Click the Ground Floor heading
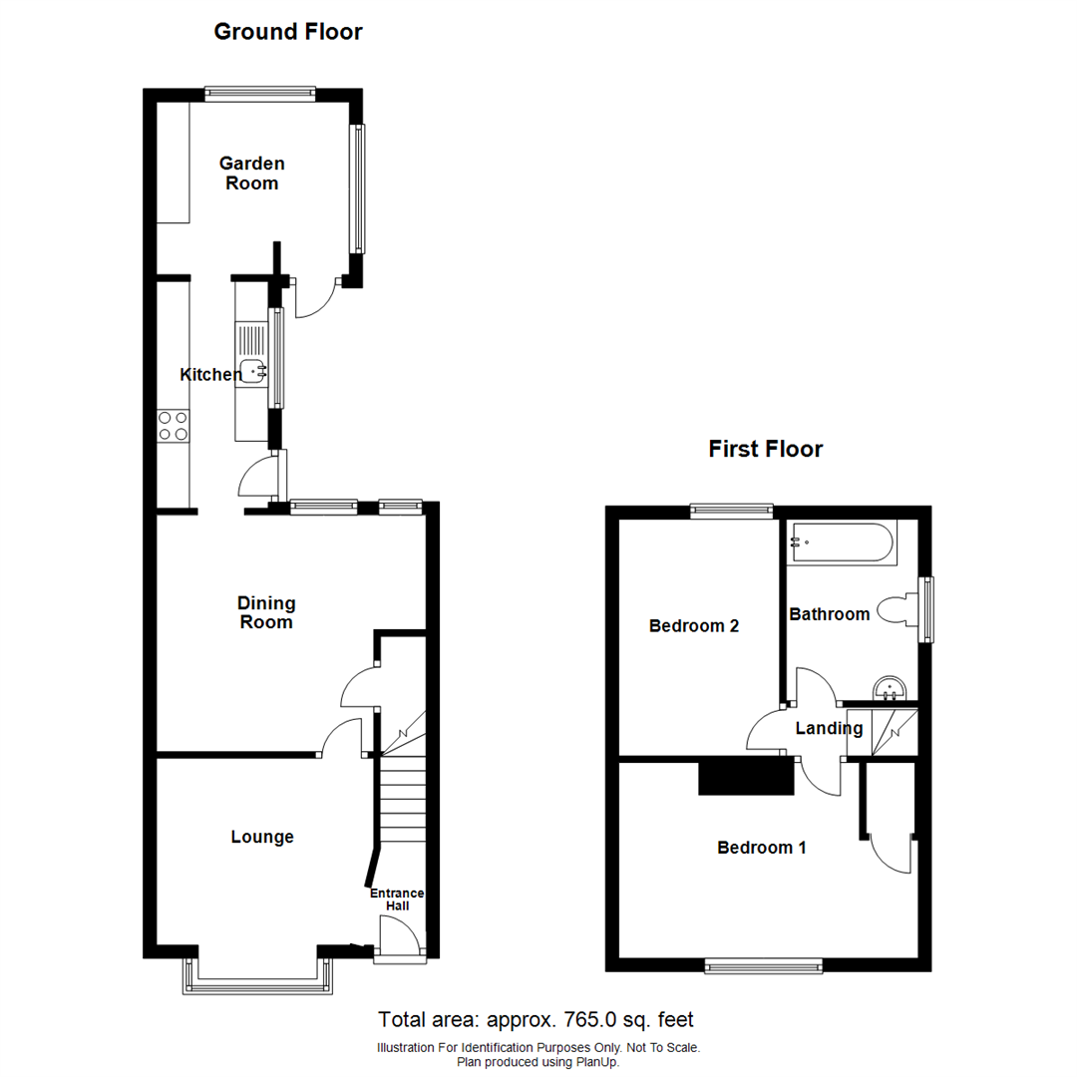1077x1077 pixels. [288, 32]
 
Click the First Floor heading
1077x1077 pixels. [765, 449]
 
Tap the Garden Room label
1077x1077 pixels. [251, 173]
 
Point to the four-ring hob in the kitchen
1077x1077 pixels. [173, 426]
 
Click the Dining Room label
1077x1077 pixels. [265, 612]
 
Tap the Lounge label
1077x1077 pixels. [262, 837]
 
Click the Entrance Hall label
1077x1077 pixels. [398, 898]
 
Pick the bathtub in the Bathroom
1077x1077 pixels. [842, 543]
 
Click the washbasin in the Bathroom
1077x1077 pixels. [888, 688]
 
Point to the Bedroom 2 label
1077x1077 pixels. [693, 626]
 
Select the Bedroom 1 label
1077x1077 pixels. [762, 848]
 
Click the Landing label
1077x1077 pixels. [828, 728]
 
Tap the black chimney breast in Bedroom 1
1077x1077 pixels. [746, 776]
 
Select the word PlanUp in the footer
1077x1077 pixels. [596, 1062]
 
